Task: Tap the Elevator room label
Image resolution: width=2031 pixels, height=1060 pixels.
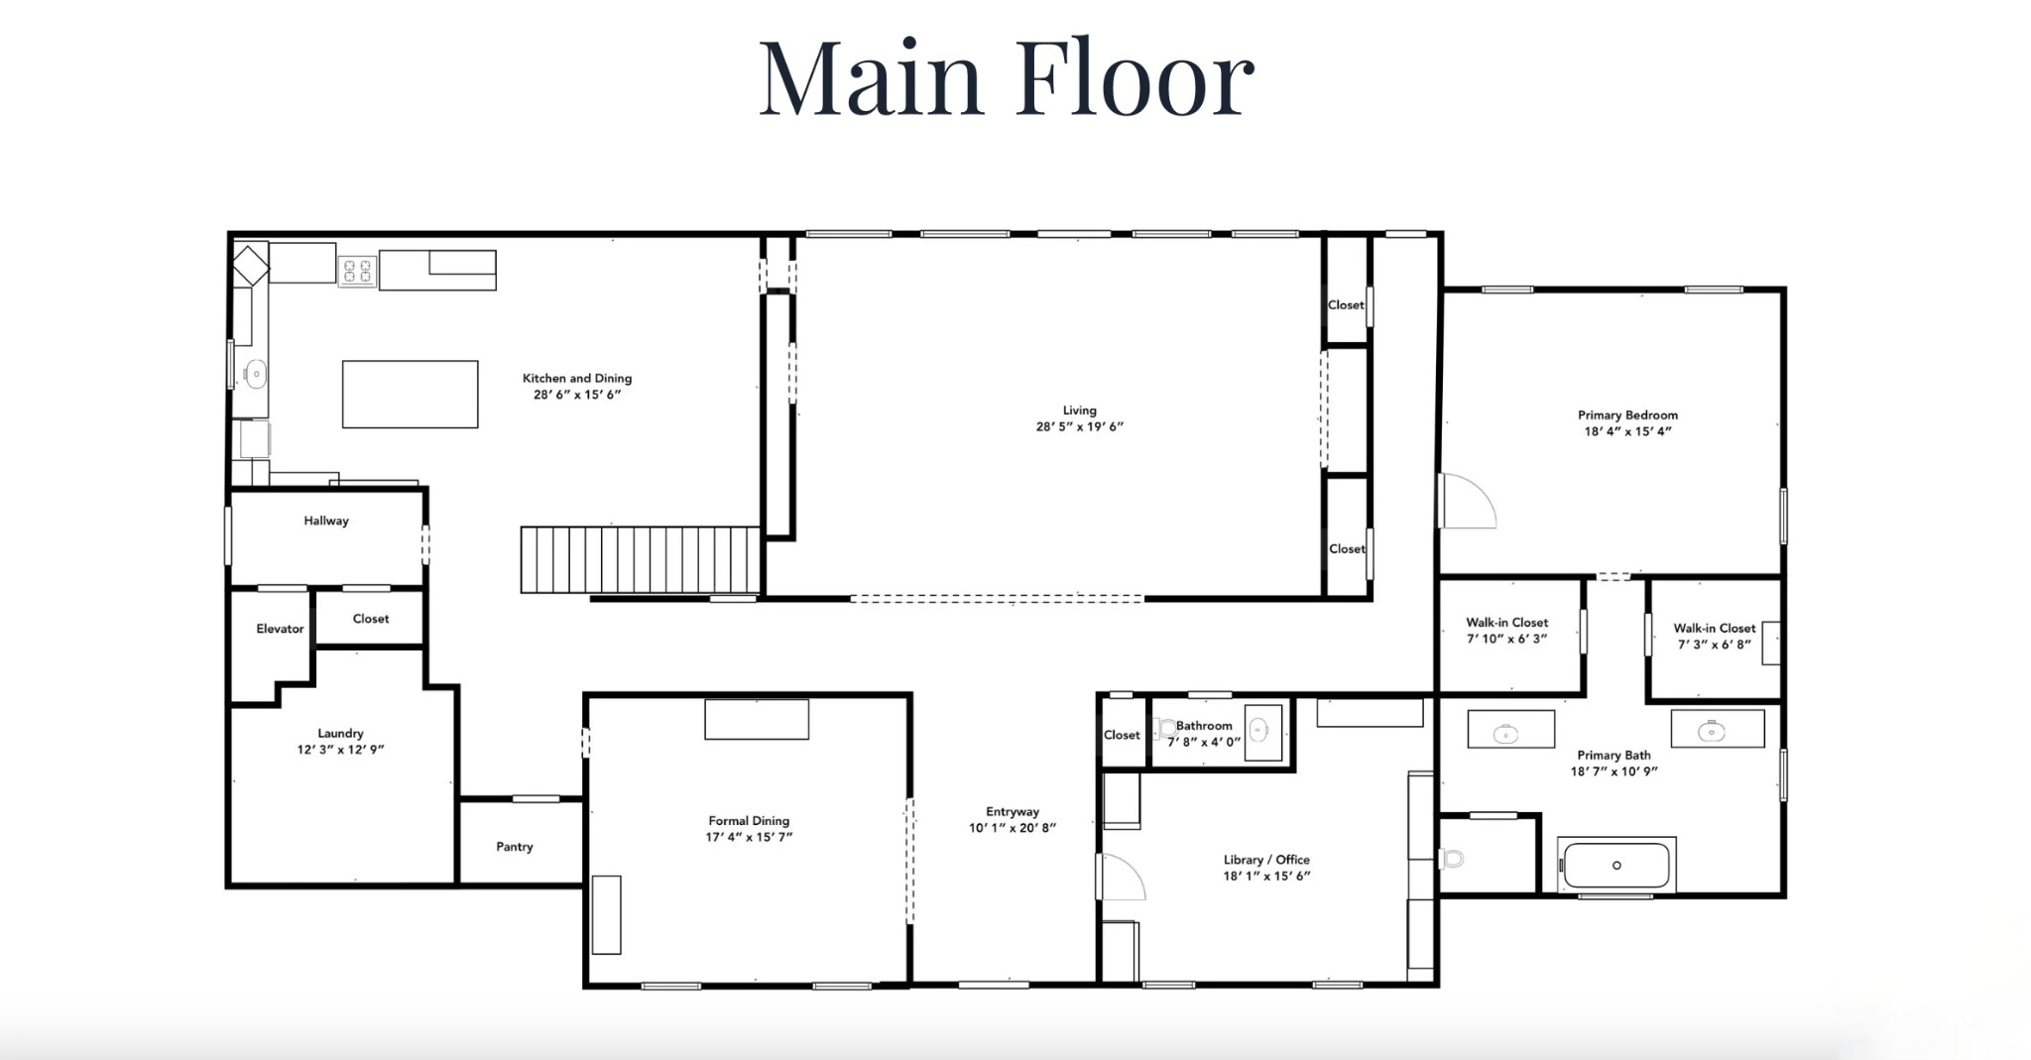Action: click(x=280, y=629)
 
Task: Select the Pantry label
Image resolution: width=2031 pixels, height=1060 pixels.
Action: click(x=515, y=847)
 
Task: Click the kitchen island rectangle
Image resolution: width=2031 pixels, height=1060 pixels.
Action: click(x=411, y=395)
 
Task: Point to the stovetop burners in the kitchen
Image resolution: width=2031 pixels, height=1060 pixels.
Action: click(x=357, y=271)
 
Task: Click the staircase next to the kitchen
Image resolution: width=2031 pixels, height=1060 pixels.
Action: click(x=641, y=560)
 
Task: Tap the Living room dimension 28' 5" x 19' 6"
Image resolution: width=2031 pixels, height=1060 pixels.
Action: click(x=1080, y=427)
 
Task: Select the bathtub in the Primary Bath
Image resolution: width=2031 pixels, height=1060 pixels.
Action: click(x=1616, y=866)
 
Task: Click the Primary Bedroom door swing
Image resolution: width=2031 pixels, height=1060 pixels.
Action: click(x=1468, y=501)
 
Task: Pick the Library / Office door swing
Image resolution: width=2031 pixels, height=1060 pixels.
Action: click(x=1123, y=877)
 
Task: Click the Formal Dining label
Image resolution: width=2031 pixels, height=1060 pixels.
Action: click(x=749, y=821)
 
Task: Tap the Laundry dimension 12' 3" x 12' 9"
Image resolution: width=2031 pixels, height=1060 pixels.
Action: click(x=340, y=750)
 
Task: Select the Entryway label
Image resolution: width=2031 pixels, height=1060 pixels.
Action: click(x=1013, y=812)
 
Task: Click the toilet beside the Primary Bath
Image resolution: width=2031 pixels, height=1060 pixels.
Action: click(x=1452, y=858)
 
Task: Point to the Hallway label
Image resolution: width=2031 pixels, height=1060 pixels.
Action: click(x=326, y=521)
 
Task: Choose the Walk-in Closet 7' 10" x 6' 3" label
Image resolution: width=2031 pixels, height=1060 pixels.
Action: click(x=1507, y=631)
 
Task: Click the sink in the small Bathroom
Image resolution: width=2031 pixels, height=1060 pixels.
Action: click(x=1258, y=731)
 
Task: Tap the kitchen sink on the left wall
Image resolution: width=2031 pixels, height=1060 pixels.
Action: click(x=256, y=374)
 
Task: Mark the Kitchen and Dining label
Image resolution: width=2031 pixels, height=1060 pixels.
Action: click(x=577, y=378)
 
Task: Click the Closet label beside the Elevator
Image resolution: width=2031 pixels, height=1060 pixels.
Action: click(x=371, y=619)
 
